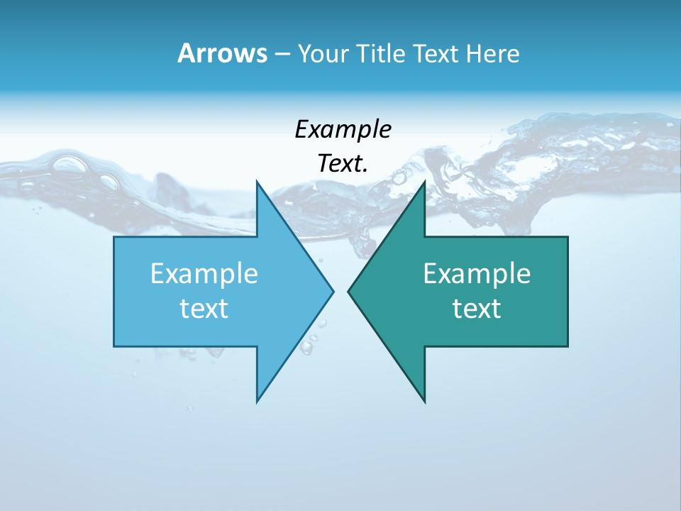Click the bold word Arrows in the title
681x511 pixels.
point(222,53)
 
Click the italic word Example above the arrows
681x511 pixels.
point(343,131)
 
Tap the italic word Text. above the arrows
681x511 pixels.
point(343,164)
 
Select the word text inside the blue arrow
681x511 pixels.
point(204,309)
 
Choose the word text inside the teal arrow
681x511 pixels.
point(477,309)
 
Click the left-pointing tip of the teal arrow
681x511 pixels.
point(349,291)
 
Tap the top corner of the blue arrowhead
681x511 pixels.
point(257,182)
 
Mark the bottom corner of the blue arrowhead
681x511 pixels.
point(257,400)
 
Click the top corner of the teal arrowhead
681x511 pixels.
point(424,182)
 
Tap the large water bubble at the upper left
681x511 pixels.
point(70,165)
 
